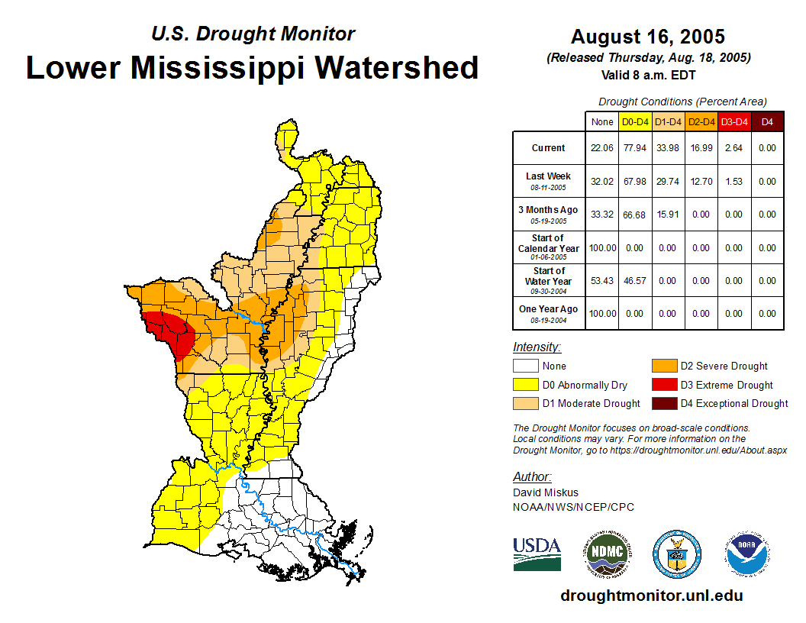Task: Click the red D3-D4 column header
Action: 734,121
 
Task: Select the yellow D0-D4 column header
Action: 635,121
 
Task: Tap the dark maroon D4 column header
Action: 767,121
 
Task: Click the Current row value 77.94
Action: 635,148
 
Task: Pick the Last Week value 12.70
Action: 701,182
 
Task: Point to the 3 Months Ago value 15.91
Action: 668,215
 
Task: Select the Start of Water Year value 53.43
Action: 602,281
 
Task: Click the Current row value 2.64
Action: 734,148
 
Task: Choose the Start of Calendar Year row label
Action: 549,247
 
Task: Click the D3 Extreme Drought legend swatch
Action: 664,386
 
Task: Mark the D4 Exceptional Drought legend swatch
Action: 664,404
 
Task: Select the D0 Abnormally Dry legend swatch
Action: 525,386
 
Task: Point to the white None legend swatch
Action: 525,366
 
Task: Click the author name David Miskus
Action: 546,492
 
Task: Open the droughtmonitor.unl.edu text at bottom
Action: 651,596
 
